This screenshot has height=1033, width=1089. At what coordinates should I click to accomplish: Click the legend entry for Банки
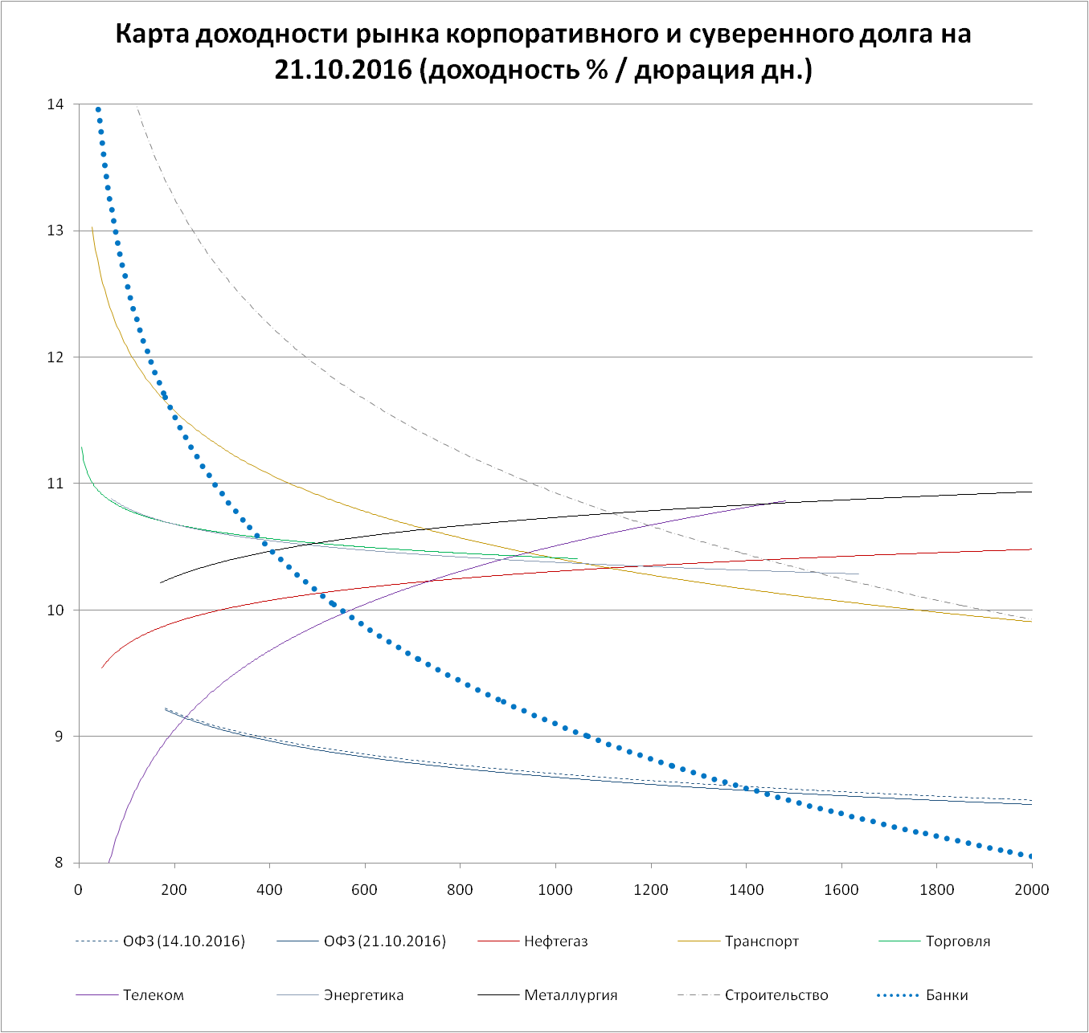(946, 995)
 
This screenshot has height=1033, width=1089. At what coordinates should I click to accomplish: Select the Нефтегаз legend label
(555, 941)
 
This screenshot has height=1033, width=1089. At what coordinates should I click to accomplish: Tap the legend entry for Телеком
(154, 995)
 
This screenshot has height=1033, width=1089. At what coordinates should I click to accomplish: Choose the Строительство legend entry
(776, 995)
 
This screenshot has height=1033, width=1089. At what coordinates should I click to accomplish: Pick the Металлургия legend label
(571, 995)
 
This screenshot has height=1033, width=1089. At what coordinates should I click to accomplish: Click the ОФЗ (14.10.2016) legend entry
(183, 941)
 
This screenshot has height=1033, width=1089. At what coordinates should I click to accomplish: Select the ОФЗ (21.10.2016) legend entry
(384, 941)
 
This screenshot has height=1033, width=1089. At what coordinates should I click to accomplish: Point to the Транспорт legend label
(761, 941)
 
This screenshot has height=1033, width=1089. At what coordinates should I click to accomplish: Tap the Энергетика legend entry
(363, 995)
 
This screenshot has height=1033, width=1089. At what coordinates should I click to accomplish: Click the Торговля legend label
(957, 941)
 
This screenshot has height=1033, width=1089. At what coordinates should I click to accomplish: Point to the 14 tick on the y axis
(55, 104)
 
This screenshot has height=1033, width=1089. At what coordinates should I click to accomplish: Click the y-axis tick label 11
(55, 484)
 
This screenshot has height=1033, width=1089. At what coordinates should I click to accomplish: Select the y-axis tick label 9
(59, 737)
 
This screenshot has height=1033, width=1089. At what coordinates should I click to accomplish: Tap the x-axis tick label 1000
(555, 889)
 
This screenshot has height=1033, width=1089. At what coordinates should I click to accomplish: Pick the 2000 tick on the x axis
(1032, 889)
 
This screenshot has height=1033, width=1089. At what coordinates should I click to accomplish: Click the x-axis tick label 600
(364, 889)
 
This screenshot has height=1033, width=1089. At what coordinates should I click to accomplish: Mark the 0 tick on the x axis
(79, 889)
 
